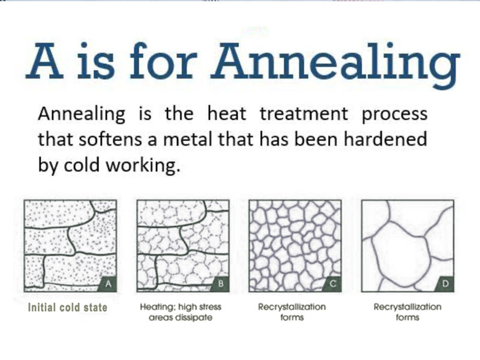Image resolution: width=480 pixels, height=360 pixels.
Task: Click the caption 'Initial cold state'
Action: [67, 307]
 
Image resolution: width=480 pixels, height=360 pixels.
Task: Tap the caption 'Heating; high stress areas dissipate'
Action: [179, 312]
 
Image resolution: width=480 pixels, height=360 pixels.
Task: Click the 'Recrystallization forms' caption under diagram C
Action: [292, 312]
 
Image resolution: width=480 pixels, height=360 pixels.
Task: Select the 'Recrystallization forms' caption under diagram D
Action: [407, 312]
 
